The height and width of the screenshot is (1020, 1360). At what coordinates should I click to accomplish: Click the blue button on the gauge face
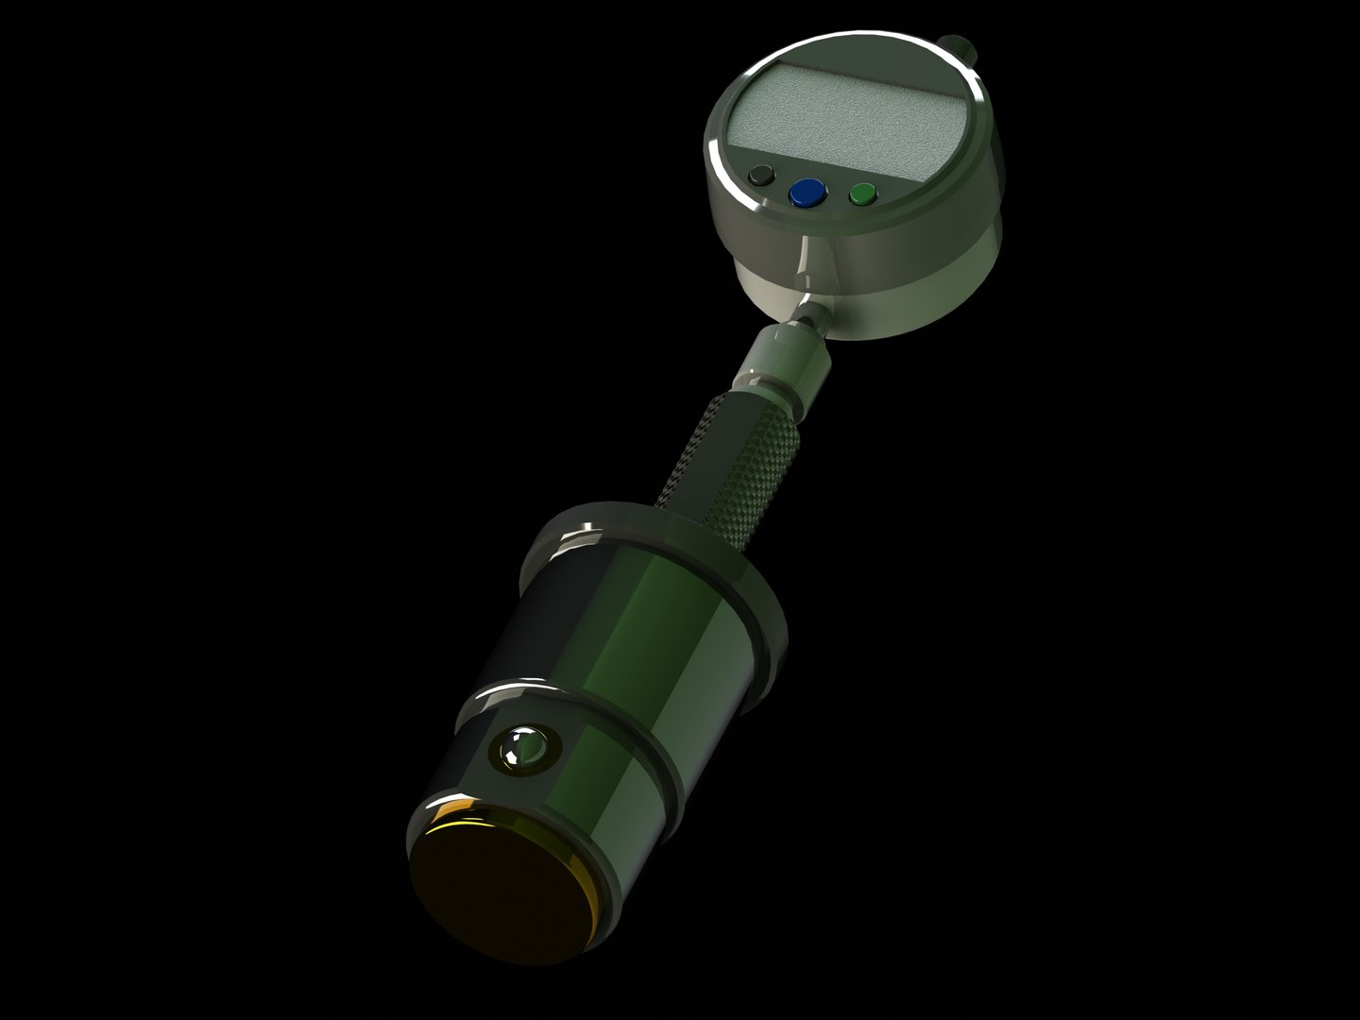click(806, 194)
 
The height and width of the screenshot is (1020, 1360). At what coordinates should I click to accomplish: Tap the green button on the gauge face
click(862, 195)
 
